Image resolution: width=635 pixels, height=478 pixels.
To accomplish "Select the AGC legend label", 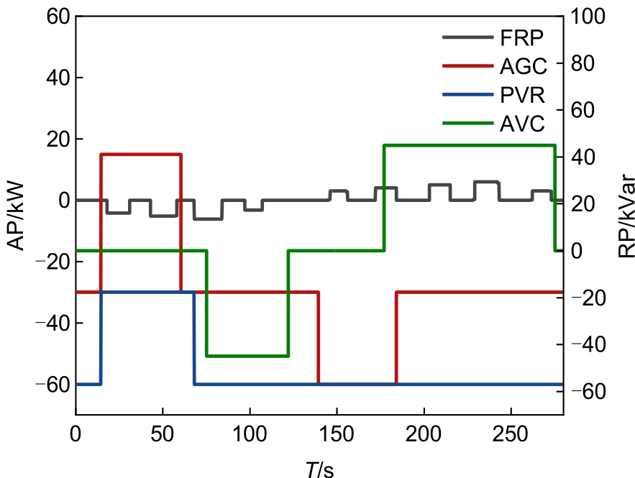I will pyautogui.click(x=524, y=67).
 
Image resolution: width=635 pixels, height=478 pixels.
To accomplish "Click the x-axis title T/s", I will pyautogui.click(x=319, y=469).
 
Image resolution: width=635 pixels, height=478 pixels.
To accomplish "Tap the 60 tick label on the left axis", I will pyautogui.click(x=55, y=16).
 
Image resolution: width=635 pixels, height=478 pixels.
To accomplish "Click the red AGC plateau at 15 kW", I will pyautogui.click(x=140, y=154).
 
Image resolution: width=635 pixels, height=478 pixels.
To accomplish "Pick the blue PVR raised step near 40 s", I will pyautogui.click(x=147, y=292).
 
